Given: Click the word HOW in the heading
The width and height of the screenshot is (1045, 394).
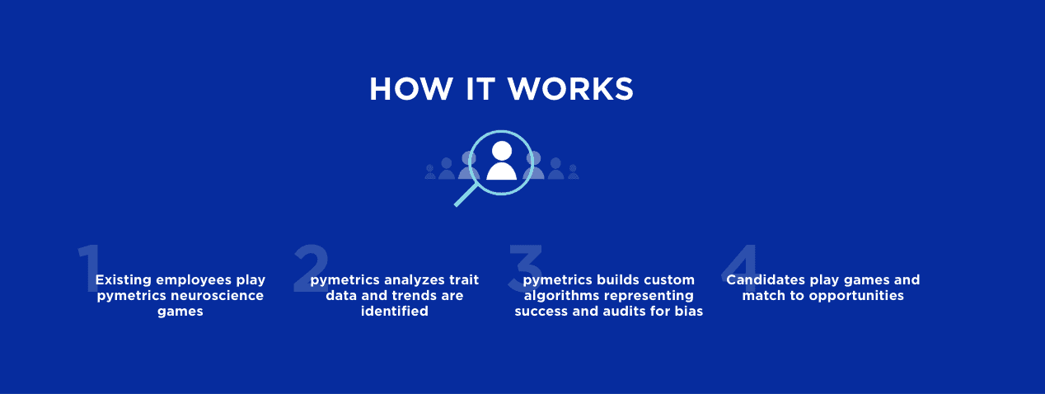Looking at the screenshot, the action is point(411,89).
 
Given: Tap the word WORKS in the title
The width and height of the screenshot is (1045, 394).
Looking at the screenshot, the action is point(570,89).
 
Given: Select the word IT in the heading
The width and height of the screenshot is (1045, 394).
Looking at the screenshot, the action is point(480,89).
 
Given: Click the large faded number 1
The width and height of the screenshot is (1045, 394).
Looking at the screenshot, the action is point(89,269).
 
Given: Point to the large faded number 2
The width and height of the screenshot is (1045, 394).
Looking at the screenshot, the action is point(311,269).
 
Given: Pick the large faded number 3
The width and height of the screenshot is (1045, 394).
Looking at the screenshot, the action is point(526,269).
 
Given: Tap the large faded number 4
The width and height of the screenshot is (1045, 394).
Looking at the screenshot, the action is point(740,269).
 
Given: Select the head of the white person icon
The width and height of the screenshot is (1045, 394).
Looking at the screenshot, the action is point(502,151).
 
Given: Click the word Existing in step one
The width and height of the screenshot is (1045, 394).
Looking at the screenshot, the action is point(124,279).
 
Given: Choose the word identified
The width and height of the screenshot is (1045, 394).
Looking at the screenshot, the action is point(394,311).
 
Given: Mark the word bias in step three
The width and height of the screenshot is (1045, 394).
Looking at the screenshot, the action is point(689,311).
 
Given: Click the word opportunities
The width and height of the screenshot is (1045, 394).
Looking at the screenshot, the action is point(856,296).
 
